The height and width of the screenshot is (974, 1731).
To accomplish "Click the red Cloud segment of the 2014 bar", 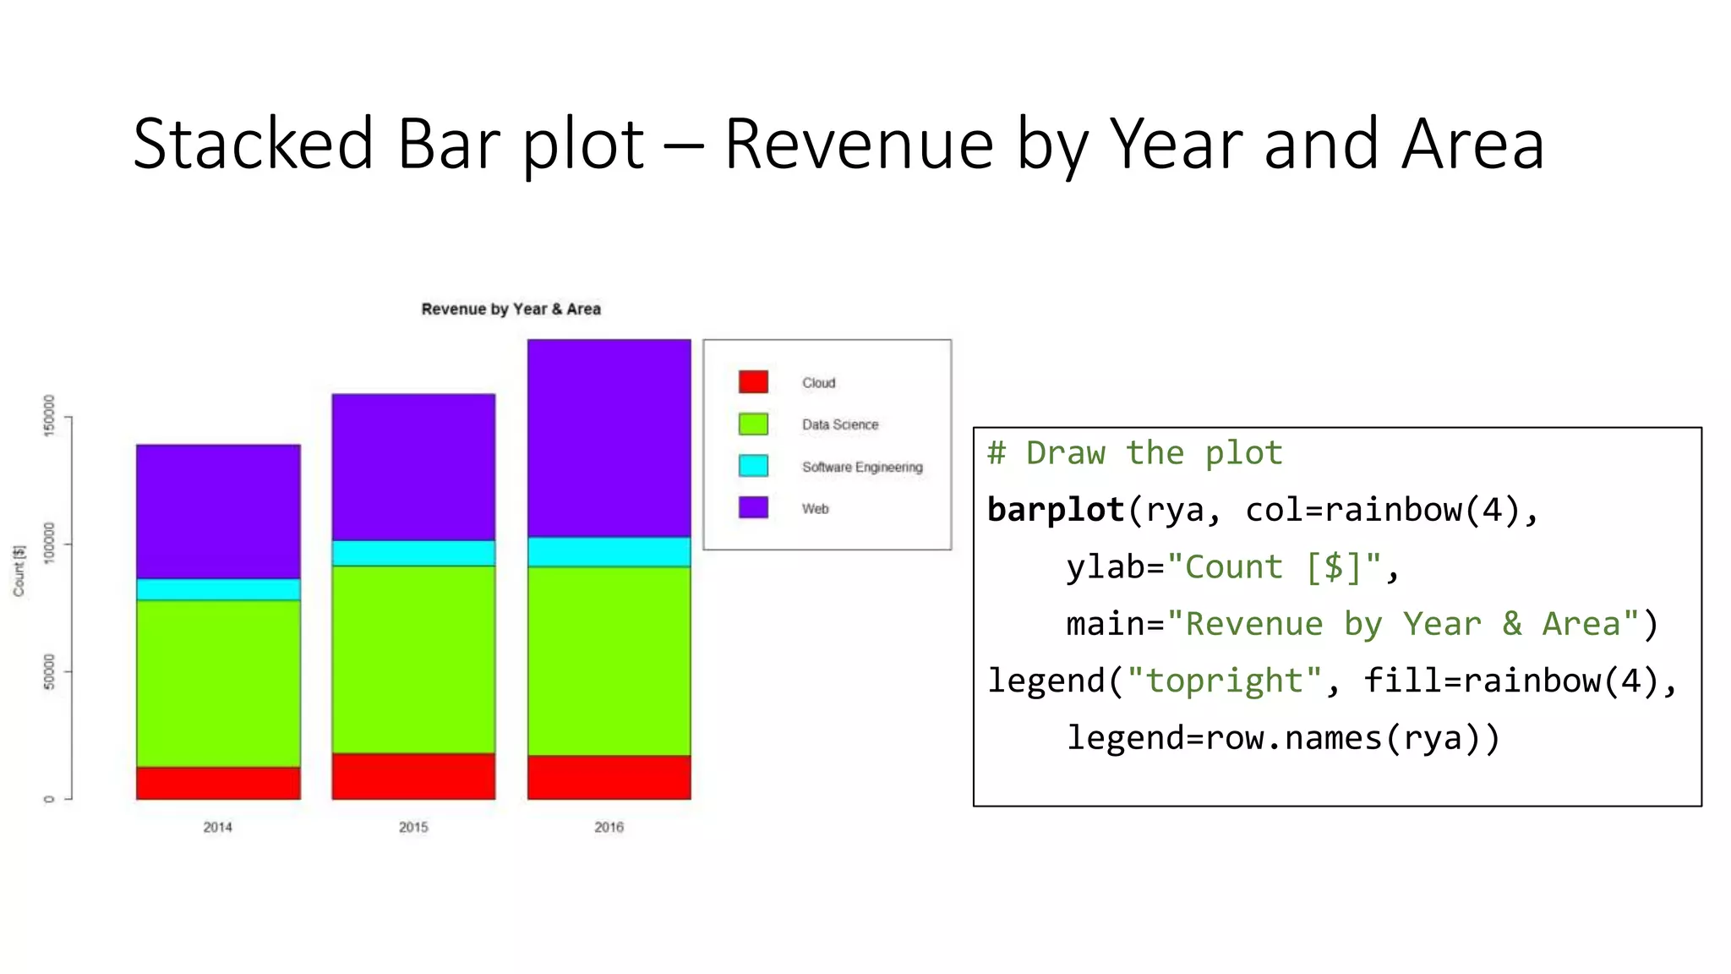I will click(218, 783).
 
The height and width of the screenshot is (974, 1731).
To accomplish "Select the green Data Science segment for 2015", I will click(413, 659).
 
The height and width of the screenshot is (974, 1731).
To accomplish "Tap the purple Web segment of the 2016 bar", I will click(609, 438).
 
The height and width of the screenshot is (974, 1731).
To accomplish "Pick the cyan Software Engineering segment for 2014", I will click(218, 589).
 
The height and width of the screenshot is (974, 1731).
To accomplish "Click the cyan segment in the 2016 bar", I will click(609, 551).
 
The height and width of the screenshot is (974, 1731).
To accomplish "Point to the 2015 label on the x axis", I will click(413, 827).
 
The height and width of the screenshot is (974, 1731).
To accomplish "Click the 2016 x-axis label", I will click(609, 827).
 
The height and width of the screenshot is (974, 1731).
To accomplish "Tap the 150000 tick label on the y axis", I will click(48, 415).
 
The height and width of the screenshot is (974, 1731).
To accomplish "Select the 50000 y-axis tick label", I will click(48, 671).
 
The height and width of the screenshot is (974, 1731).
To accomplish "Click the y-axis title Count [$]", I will click(19, 571).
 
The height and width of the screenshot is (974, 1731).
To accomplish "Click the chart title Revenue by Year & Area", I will click(511, 309).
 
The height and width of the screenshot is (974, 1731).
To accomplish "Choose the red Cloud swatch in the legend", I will click(753, 382).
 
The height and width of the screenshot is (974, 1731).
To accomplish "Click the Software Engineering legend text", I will click(862, 467).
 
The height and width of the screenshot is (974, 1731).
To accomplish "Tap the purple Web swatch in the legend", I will click(753, 507).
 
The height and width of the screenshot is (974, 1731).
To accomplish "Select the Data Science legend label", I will click(840, 424).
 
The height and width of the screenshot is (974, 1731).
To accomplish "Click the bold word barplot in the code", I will click(1055, 510).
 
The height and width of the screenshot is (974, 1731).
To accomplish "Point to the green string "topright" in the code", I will click(1225, 681).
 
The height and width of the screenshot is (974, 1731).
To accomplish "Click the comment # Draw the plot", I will click(1134, 453).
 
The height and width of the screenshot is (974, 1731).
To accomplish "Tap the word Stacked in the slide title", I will click(253, 144).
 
